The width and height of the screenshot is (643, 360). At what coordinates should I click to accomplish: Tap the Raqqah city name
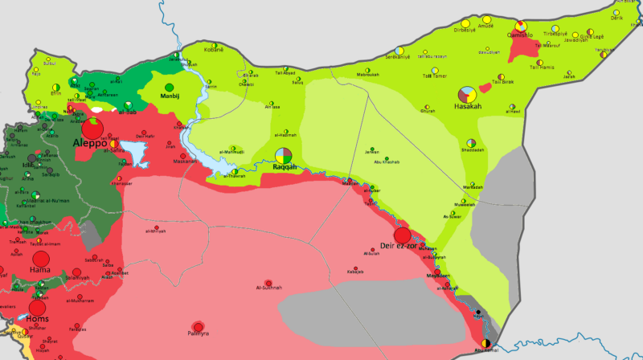click(x=285, y=167)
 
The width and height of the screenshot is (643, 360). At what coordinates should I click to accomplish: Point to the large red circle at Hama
click(x=40, y=259)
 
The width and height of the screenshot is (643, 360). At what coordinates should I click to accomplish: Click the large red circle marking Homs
click(x=38, y=308)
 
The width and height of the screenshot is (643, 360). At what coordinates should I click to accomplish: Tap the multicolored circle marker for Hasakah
click(x=467, y=94)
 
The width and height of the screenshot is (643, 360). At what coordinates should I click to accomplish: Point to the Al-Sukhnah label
click(x=268, y=288)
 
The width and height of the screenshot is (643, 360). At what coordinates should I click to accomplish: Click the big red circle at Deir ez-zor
click(x=402, y=235)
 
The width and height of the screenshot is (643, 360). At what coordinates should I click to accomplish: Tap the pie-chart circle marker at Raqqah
click(x=283, y=154)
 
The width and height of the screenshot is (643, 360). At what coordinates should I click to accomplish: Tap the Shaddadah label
click(x=473, y=149)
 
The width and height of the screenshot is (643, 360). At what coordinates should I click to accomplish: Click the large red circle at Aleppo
click(x=92, y=127)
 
